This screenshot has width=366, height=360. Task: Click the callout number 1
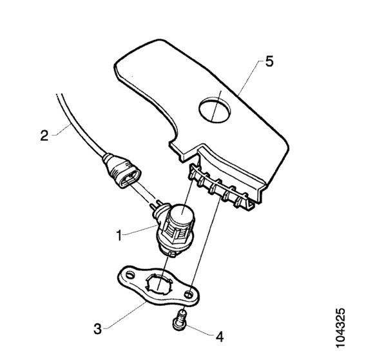(119, 235)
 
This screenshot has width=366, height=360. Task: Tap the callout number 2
(44, 135)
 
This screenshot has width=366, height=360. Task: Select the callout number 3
(98, 328)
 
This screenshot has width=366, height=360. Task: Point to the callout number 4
(220, 337)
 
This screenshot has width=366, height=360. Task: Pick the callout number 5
(269, 62)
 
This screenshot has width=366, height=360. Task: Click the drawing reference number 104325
(340, 328)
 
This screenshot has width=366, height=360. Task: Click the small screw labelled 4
(180, 320)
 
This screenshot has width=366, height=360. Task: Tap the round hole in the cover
(215, 110)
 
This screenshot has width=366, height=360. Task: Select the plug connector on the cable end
(121, 171)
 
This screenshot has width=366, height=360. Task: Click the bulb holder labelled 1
(175, 229)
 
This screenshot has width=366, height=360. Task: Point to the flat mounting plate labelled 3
(159, 286)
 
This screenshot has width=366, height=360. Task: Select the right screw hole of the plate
(189, 294)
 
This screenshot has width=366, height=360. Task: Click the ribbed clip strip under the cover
(220, 187)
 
